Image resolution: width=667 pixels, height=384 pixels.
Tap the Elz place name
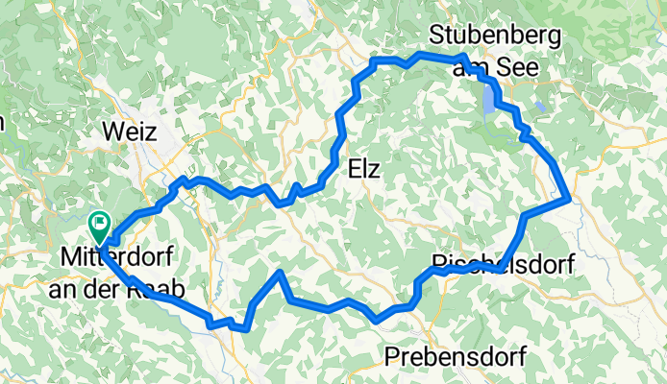[x=362, y=170]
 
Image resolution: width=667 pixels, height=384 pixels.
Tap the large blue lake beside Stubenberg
[x=491, y=99]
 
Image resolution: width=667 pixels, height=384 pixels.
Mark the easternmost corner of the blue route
[x=571, y=199]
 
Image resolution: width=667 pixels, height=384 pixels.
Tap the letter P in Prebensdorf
[x=391, y=357]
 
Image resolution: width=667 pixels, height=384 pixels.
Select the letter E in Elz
[x=351, y=170]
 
